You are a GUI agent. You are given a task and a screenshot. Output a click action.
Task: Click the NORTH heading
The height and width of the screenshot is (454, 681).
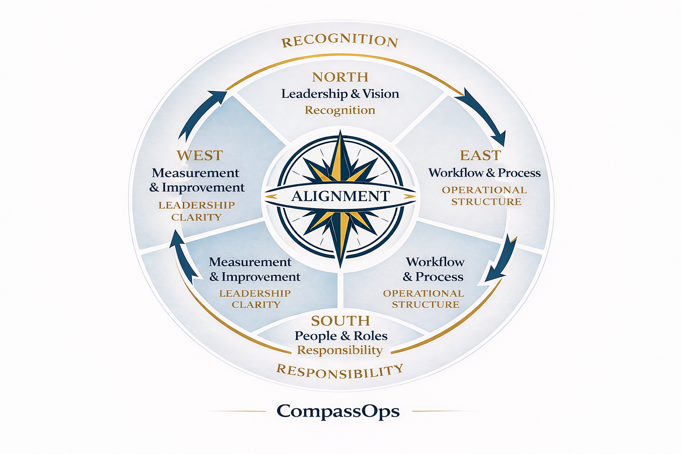point(340,77)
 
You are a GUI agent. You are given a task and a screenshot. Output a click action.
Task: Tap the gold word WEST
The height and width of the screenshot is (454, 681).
point(200,156)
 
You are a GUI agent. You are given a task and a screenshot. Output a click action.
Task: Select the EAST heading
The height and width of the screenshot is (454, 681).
point(480,156)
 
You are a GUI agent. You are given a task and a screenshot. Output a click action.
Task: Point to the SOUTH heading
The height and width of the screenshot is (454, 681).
point(340,321)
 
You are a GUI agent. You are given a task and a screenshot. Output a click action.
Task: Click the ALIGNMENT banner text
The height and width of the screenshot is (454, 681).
point(340,196)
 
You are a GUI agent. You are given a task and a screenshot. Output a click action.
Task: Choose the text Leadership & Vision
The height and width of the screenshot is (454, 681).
point(340,94)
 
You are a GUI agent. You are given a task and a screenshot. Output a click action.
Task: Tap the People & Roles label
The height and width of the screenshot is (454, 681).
point(341,336)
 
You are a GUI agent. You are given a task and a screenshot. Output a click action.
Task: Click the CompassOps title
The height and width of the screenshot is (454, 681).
point(338,411)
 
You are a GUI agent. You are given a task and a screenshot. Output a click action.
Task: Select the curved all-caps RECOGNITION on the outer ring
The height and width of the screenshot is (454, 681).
point(340,41)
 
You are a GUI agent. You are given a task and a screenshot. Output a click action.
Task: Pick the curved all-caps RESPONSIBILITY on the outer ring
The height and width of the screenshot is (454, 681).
point(340,372)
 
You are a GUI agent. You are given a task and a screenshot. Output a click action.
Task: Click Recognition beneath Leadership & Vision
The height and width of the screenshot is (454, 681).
point(340,110)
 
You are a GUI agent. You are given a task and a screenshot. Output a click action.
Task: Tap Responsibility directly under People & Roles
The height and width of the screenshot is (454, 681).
point(340,350)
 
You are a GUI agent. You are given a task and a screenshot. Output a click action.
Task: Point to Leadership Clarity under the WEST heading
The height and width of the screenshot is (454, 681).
point(196,211)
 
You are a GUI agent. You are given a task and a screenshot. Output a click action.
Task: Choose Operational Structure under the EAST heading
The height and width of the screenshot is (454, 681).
point(485,196)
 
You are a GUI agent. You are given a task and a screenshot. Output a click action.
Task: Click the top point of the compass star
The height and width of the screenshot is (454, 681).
point(340,133)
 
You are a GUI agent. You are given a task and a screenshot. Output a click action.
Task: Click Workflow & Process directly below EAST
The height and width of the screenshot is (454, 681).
point(484,173)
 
